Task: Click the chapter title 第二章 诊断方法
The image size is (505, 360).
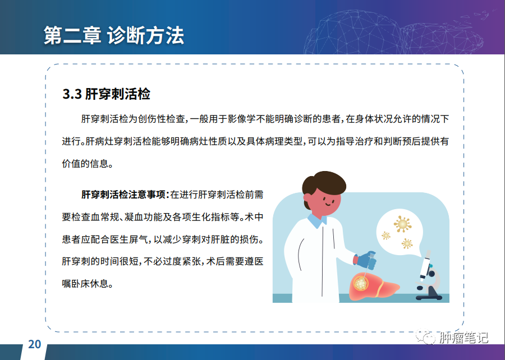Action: (x=114, y=35)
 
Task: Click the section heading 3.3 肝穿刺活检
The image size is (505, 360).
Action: (x=106, y=94)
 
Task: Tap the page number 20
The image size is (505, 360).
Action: (x=34, y=344)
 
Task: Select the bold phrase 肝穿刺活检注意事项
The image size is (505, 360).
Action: (x=123, y=195)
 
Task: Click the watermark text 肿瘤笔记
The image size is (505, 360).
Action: (x=463, y=338)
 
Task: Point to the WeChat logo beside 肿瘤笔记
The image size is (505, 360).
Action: (x=426, y=336)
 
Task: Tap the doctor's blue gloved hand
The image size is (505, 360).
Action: (x=366, y=260)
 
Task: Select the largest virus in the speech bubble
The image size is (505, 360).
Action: (x=402, y=224)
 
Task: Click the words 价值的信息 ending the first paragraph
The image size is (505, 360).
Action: (x=85, y=163)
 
